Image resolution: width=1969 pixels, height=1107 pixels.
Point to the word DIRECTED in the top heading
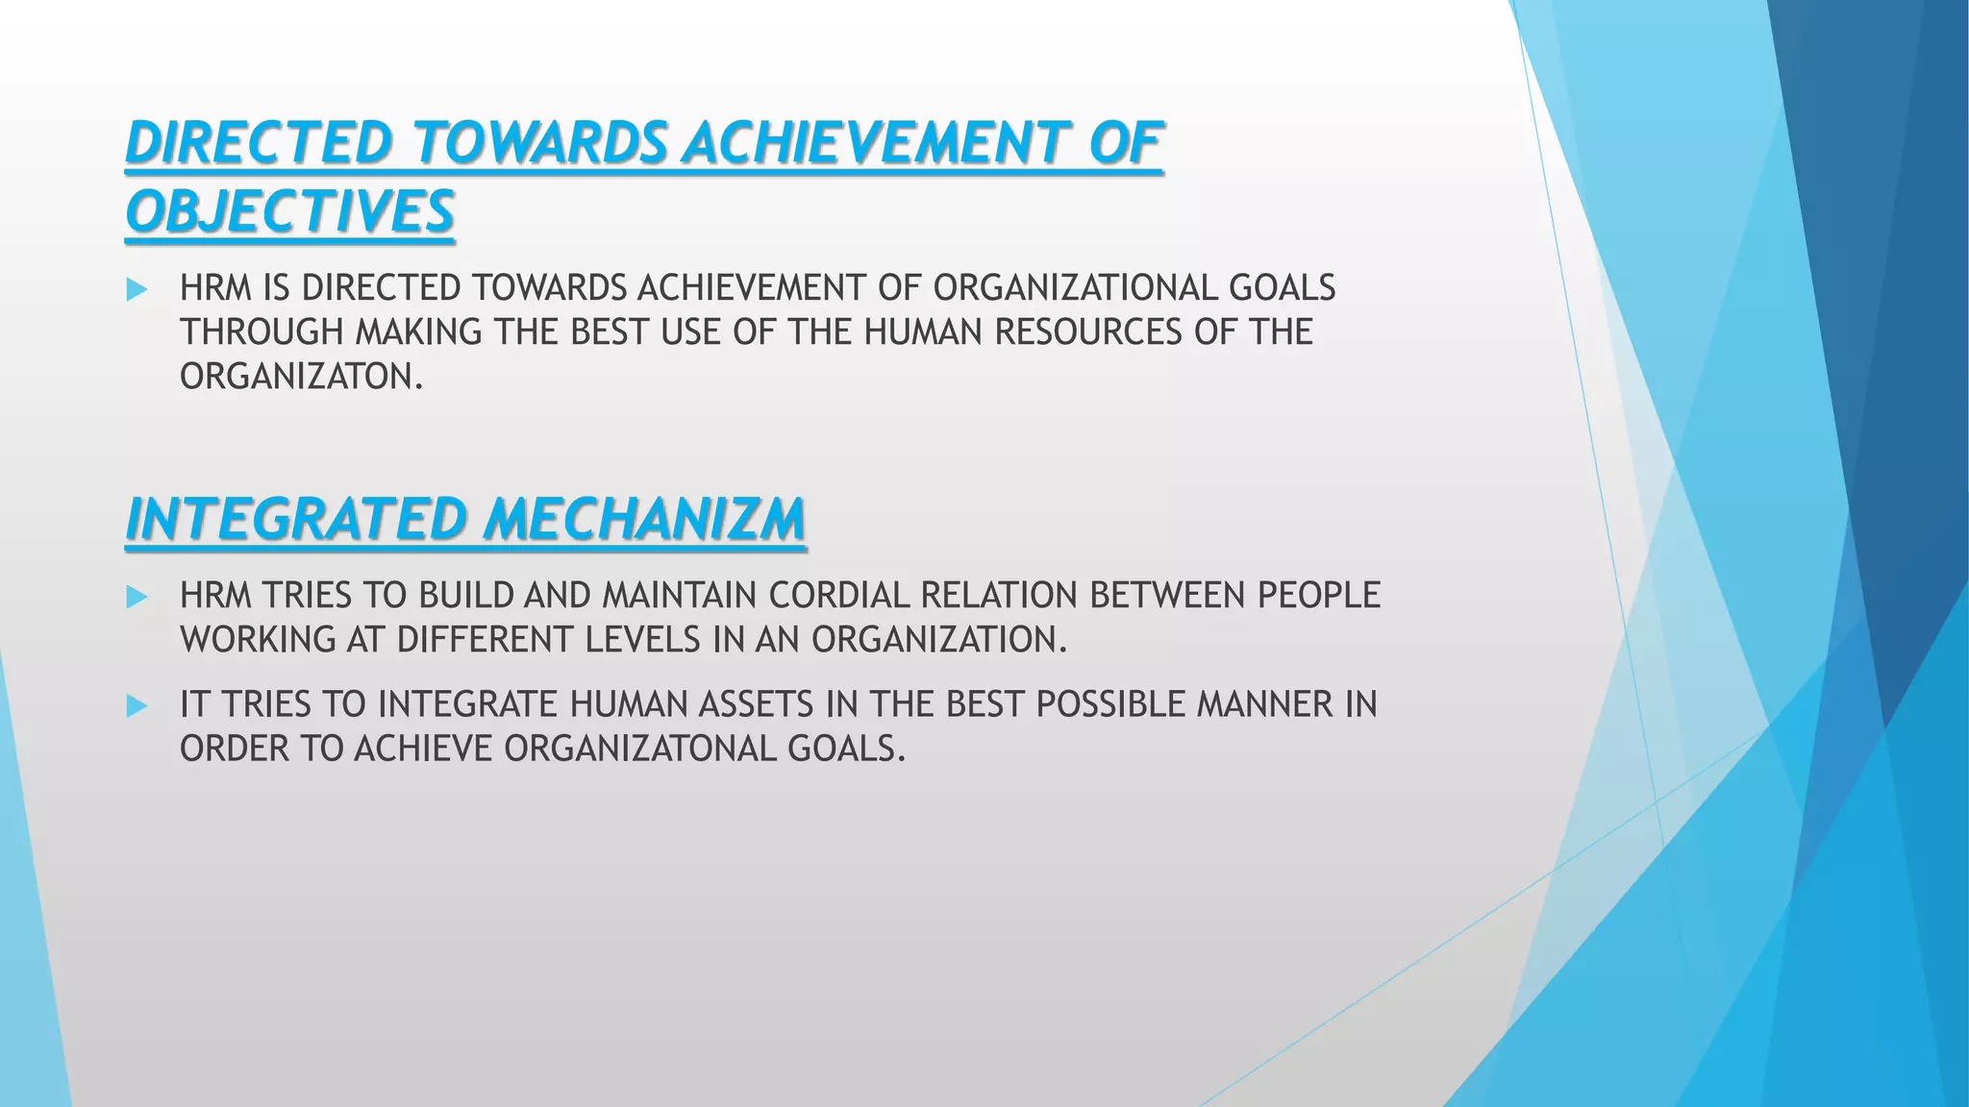[x=259, y=143]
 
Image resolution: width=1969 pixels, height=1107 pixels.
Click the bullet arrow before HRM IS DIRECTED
[x=137, y=289]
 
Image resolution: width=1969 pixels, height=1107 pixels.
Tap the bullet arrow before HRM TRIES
[x=137, y=597]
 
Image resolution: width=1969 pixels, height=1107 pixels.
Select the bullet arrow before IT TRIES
[x=137, y=706]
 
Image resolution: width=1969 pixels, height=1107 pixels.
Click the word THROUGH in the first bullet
[x=262, y=332]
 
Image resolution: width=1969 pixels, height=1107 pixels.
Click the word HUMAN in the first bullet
[x=924, y=332]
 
